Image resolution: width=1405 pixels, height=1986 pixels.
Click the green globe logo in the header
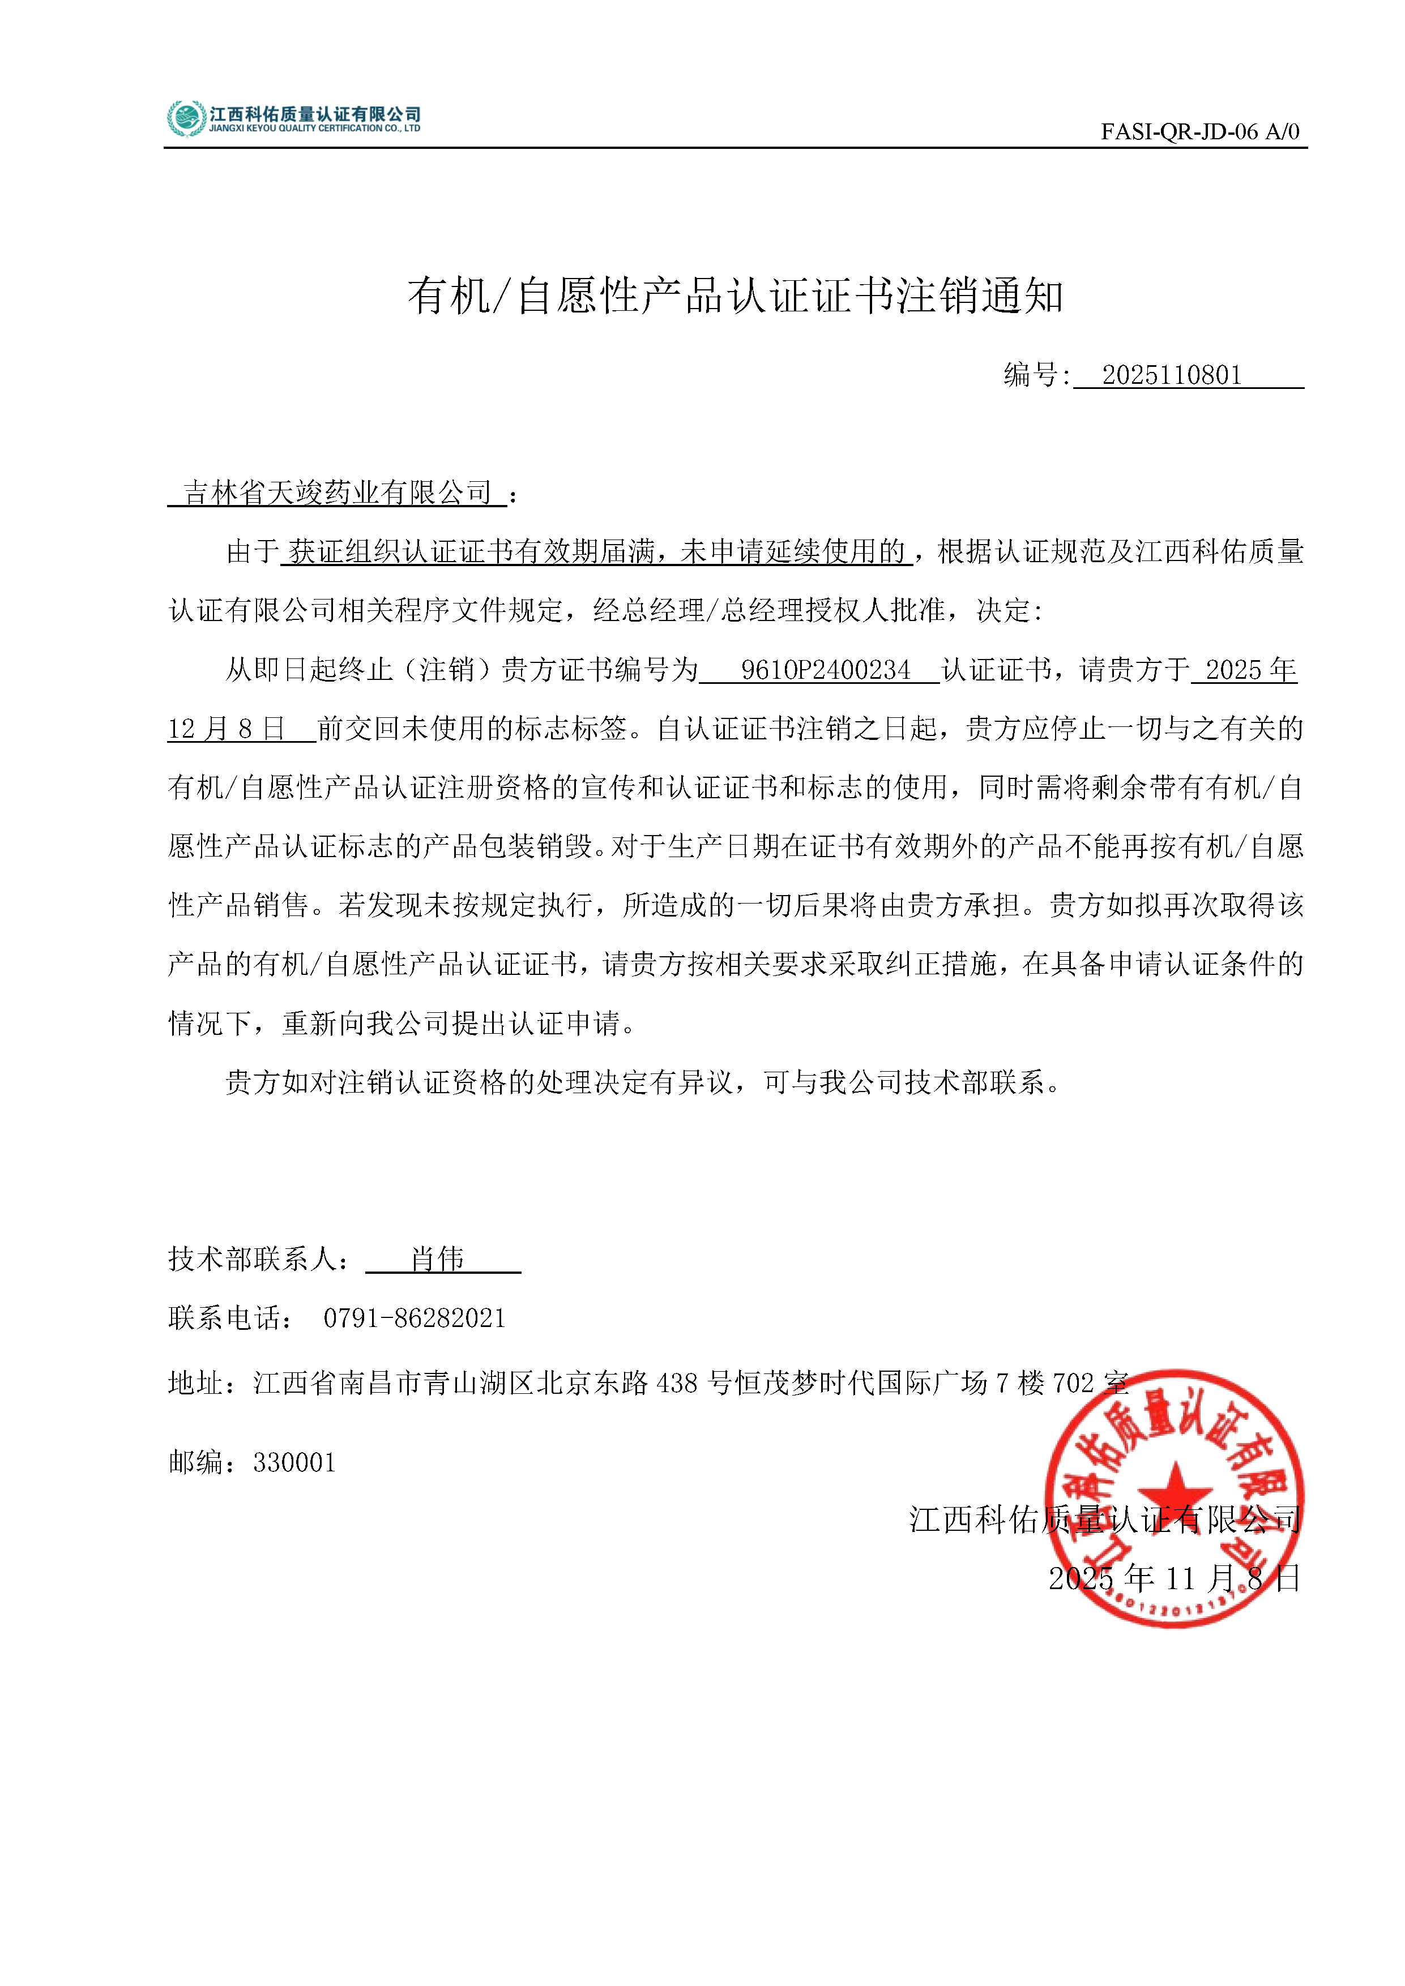pyautogui.click(x=186, y=118)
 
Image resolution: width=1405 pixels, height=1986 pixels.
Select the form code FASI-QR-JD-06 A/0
pyautogui.click(x=1199, y=131)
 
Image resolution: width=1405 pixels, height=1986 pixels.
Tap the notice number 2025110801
pyautogui.click(x=1172, y=375)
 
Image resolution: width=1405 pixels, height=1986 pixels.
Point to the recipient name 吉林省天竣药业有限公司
pyautogui.click(x=338, y=493)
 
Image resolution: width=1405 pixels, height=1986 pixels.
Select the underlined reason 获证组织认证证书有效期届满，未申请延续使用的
pyautogui.click(x=597, y=552)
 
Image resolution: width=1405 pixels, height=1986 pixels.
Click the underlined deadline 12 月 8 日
pyautogui.click(x=227, y=729)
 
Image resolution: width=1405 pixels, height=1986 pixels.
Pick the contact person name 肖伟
pyautogui.click(x=438, y=1259)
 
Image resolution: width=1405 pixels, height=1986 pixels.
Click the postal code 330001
pyautogui.click(x=294, y=1463)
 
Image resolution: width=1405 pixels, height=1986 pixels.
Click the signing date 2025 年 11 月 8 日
pyautogui.click(x=1174, y=1578)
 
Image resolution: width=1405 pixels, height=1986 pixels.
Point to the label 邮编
pyautogui.click(x=197, y=1463)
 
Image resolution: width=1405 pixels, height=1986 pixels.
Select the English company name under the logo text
pyautogui.click(x=315, y=129)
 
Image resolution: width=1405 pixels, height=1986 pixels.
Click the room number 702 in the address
pyautogui.click(x=1073, y=1383)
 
